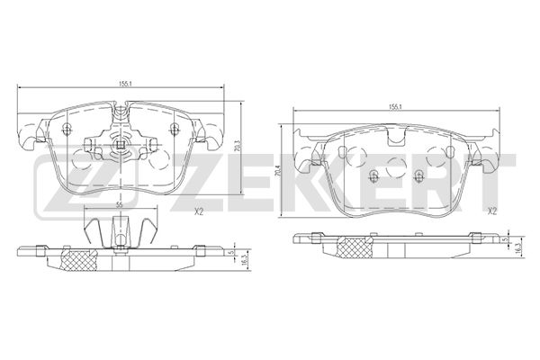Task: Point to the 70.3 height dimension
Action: coord(236,140)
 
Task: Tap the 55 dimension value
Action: coord(119,205)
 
